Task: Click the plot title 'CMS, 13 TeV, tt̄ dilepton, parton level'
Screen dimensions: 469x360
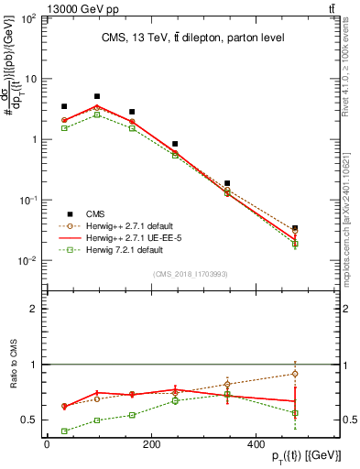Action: tap(191, 38)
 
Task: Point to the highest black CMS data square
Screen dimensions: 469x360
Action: tap(97, 96)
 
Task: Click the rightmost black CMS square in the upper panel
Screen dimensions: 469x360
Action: tap(294, 228)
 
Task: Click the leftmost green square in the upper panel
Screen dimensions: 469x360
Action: tap(64, 128)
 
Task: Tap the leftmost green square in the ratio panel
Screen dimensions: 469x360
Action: tap(64, 431)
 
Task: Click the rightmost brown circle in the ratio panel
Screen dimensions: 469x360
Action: tap(294, 374)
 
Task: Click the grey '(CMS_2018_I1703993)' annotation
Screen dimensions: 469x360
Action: tap(191, 272)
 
